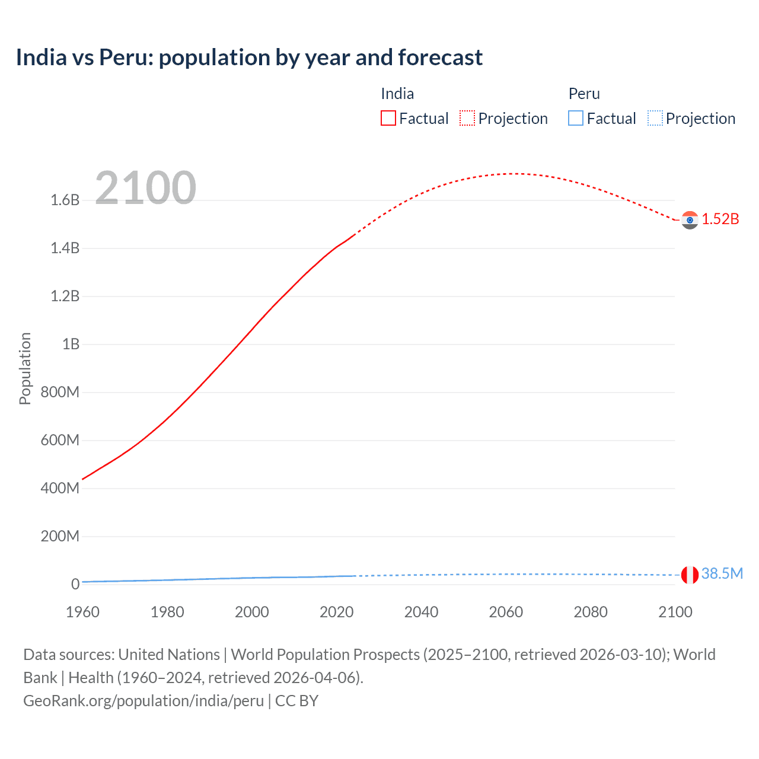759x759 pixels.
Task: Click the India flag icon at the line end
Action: pos(690,220)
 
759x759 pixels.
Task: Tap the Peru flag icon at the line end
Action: pos(690,575)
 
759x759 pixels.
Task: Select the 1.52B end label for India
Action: pos(720,219)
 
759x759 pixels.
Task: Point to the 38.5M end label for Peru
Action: pos(722,573)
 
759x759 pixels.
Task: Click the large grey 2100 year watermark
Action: pos(145,187)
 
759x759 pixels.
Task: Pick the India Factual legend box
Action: pos(388,119)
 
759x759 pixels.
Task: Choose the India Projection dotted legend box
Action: pos(467,119)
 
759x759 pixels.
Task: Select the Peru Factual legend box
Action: pos(575,119)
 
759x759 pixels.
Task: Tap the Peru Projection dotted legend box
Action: pos(655,119)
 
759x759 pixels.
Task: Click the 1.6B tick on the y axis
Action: pos(65,200)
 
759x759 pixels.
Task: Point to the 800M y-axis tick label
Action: pos(60,393)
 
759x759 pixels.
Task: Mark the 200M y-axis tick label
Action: pos(60,537)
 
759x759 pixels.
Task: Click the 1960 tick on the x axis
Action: pos(82,612)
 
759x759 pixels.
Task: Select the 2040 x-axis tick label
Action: pos(421,612)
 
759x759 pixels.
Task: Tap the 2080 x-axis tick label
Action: pos(591,612)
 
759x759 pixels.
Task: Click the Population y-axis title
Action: pos(25,368)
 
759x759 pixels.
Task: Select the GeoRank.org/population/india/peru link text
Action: pos(143,701)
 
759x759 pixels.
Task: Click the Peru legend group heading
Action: pos(584,94)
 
